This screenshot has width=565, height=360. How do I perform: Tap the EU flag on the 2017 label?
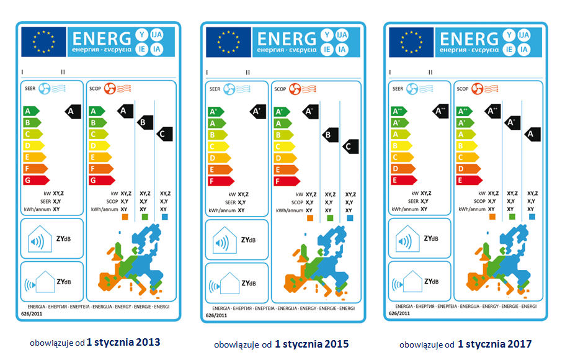pos(411,42)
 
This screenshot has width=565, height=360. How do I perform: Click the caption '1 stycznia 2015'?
pos(311,343)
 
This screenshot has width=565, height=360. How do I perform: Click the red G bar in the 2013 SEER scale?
pos(35,180)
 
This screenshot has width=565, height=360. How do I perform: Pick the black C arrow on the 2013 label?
pos(163,133)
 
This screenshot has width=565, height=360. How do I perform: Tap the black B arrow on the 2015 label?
pos(329,133)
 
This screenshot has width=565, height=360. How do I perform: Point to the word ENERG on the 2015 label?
pos(287,38)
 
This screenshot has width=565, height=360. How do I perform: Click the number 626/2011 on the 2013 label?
pos(32,315)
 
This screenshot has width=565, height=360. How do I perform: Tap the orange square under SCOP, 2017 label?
pos(492,217)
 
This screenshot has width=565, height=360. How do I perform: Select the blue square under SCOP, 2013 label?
pos(164,217)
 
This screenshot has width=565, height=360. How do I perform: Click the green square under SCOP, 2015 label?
pos(329,218)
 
